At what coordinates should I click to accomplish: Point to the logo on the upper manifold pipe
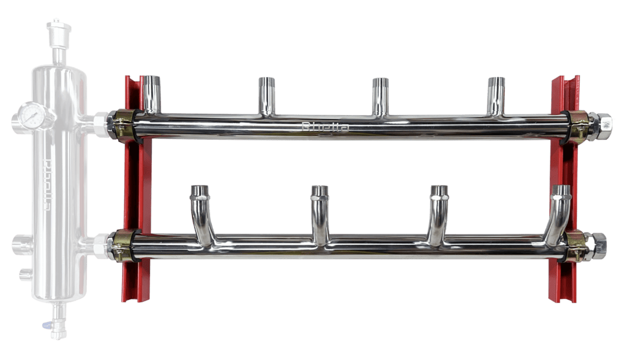[326, 128]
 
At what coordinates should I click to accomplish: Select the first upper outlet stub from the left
[150, 92]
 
